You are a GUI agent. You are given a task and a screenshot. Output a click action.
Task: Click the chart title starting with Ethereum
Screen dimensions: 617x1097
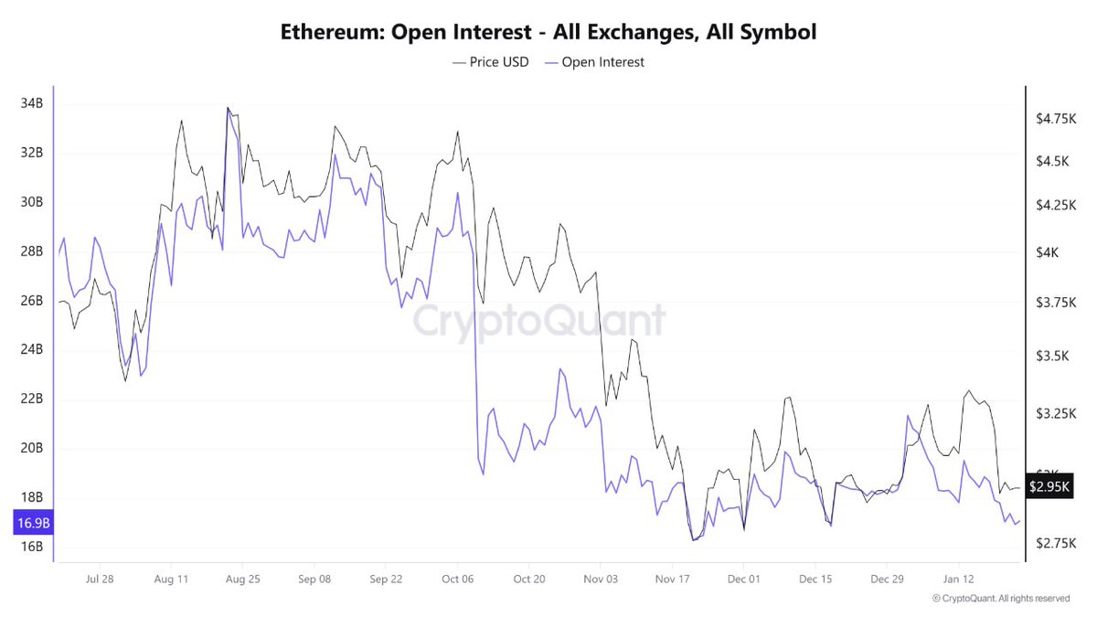coord(548,32)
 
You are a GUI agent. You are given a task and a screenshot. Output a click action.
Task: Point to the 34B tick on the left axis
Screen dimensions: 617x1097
coord(31,104)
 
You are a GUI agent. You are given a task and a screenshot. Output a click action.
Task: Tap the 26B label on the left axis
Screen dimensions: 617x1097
coord(31,301)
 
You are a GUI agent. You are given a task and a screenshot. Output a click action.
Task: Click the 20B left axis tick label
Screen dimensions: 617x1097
coord(31,448)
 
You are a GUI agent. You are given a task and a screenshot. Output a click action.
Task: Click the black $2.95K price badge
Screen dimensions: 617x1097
coord(1049,487)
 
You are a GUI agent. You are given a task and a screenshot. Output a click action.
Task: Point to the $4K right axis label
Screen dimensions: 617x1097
coord(1048,252)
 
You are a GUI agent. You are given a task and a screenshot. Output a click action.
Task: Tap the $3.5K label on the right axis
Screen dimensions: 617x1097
coord(1051,356)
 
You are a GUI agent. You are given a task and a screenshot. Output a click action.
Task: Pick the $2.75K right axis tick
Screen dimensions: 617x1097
coord(1054,543)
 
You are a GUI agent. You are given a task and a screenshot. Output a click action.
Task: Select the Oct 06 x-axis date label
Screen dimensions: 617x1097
coord(457,580)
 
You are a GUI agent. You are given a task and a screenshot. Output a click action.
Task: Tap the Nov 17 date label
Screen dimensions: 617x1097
coord(672,580)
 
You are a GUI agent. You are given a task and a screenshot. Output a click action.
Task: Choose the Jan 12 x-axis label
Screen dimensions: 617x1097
coord(959,580)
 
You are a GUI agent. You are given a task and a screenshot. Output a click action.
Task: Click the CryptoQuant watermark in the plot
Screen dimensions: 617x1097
coord(539,322)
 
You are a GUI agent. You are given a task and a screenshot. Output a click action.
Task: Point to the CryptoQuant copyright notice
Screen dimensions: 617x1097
coord(1000,599)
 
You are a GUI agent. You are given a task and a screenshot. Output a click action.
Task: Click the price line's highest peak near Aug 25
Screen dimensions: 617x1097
coord(228,108)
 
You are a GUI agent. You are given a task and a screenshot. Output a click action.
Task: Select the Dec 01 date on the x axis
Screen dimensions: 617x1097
coord(743,580)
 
